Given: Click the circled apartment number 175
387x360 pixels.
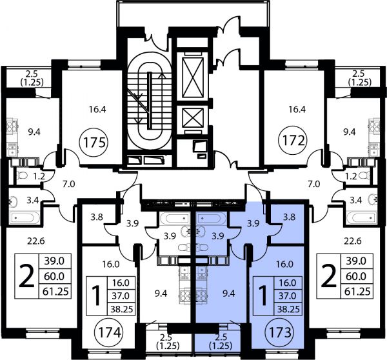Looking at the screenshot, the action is click(x=95, y=142).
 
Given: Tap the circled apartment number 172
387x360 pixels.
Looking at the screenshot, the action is click(x=293, y=141).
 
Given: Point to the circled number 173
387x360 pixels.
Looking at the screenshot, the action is click(x=280, y=332).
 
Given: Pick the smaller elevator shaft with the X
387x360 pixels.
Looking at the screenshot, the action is click(x=193, y=118).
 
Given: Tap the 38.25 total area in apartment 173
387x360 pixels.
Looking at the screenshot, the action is click(x=288, y=308).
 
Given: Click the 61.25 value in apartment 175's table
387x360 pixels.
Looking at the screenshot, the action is click(x=55, y=292).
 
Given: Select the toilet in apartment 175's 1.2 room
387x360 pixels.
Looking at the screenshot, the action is click(x=22, y=175).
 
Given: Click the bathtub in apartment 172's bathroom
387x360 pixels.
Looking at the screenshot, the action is click(x=361, y=218).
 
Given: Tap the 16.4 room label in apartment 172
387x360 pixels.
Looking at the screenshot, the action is click(x=295, y=109).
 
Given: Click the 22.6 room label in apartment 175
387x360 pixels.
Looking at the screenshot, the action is click(x=36, y=241).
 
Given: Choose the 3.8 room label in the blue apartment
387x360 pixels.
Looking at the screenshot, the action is click(x=289, y=217).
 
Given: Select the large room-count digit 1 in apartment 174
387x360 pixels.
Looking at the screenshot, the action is click(x=95, y=295).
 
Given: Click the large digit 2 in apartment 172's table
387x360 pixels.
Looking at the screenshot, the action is click(x=328, y=275).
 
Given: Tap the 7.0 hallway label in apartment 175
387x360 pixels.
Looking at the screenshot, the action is click(x=68, y=185).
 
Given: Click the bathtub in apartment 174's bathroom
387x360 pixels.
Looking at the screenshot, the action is click(x=174, y=218).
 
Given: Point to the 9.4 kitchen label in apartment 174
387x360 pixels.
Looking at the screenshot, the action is click(x=161, y=294).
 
